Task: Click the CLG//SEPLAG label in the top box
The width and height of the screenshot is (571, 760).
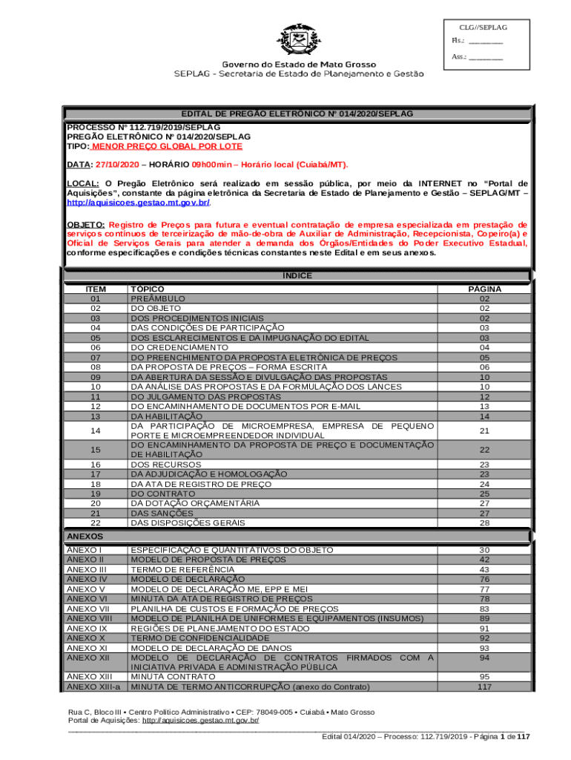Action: click(483, 27)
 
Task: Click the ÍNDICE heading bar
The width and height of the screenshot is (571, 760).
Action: click(297, 276)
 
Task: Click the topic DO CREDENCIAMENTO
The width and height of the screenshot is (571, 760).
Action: click(179, 347)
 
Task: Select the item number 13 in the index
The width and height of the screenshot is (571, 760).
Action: click(95, 416)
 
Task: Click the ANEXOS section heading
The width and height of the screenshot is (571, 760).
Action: click(85, 536)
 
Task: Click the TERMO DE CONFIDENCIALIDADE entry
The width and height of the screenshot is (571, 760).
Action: click(200, 638)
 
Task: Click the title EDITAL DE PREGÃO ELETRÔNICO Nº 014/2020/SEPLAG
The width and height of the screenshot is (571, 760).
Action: click(297, 114)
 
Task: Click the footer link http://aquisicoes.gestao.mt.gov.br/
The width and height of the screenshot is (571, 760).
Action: click(200, 721)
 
